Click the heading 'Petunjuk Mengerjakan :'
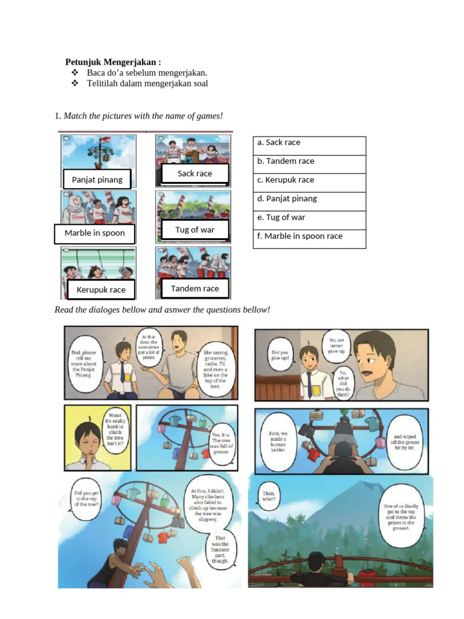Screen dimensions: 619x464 (x=113, y=62)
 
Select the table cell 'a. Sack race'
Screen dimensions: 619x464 (x=309, y=146)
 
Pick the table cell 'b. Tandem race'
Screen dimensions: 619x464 (x=309, y=164)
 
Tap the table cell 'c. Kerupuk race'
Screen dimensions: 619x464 (x=309, y=183)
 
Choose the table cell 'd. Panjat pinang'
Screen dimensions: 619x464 (x=309, y=201)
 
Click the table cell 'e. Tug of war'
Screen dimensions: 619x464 (x=309, y=220)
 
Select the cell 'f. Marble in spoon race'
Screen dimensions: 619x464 (x=309, y=239)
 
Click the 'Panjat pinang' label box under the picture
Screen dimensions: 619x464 (x=97, y=180)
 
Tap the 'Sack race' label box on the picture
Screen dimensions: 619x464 (x=195, y=174)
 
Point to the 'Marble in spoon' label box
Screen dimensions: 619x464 (x=95, y=233)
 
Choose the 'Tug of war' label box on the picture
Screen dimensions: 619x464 (x=195, y=230)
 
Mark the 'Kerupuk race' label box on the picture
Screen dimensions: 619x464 (x=101, y=290)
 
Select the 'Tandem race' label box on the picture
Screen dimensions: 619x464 (x=195, y=289)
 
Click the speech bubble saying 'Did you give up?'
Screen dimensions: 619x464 (x=280, y=355)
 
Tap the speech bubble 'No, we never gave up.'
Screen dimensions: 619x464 (x=336, y=345)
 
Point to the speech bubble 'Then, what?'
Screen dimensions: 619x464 (x=269, y=497)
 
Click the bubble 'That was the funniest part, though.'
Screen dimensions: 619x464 (x=221, y=549)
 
